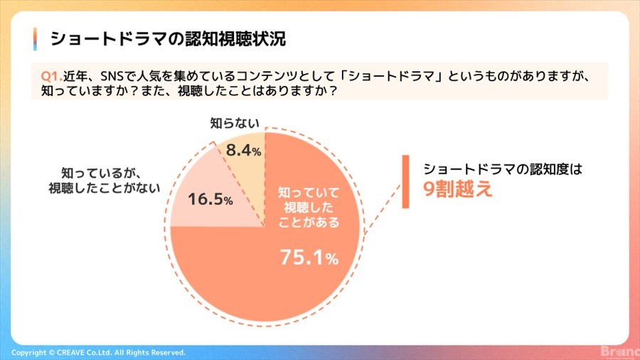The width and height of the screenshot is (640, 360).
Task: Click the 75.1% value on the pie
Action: (x=309, y=258)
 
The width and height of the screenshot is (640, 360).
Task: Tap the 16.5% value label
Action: (x=210, y=199)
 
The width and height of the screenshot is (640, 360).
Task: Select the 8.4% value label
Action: (x=243, y=150)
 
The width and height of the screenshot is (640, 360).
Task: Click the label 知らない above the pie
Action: (x=234, y=123)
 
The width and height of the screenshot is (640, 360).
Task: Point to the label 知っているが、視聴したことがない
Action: (x=104, y=181)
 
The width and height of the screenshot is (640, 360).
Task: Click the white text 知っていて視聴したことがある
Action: (x=309, y=207)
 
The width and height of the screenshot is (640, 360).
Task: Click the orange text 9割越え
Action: (x=457, y=189)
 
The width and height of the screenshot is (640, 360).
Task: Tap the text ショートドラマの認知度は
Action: (x=503, y=169)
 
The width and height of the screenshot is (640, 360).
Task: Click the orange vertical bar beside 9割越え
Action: (x=405, y=181)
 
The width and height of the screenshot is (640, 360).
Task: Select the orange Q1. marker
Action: (x=52, y=76)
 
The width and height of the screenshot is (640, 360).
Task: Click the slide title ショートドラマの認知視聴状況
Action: (x=168, y=39)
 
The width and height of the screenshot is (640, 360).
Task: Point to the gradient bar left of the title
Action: (x=35, y=39)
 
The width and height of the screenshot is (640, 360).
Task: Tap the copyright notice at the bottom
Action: (x=98, y=352)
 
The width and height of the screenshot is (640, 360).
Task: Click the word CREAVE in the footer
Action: (x=70, y=352)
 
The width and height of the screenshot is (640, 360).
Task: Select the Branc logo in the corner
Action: (x=620, y=351)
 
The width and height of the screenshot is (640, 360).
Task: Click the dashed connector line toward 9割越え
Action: (x=383, y=209)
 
